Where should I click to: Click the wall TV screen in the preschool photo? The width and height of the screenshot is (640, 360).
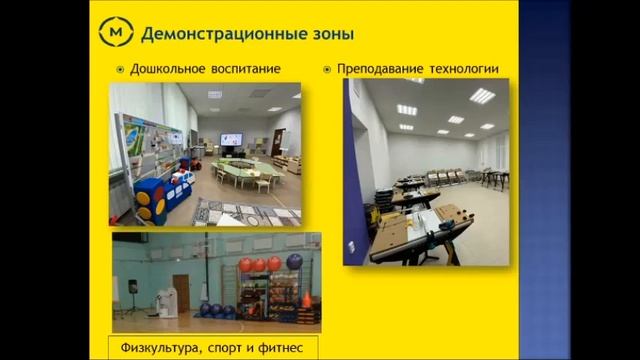click(231, 139)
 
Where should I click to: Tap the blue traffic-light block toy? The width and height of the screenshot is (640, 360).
click(149, 200)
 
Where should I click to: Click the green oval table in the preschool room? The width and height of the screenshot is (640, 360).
click(246, 171)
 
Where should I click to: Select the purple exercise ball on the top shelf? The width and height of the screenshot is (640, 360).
click(294, 262)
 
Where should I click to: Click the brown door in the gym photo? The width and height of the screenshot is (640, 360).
click(181, 293)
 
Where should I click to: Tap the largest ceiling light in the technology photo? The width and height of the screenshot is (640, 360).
click(483, 96)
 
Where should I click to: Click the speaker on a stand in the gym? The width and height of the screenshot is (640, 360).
click(134, 289)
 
